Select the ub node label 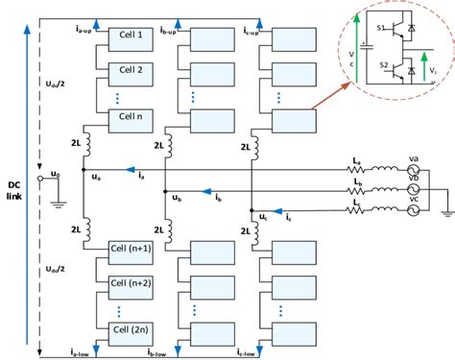click(177, 199)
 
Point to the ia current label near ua click(142, 177)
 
